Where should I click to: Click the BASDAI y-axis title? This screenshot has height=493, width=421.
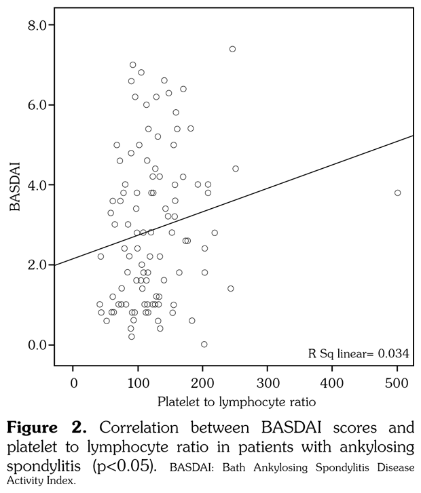coord(14,186)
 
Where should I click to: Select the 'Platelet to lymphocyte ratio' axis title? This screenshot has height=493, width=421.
coord(236,401)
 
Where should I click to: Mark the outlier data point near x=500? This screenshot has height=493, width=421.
coord(398,193)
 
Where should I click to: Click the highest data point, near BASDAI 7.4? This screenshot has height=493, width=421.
coord(232,49)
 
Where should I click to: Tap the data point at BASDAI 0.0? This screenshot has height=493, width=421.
coord(204,344)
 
